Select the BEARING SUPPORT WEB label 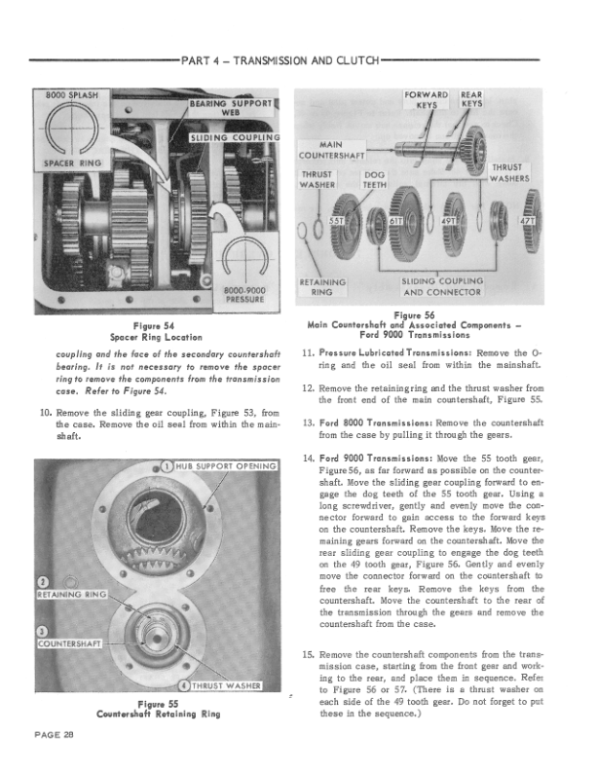(x=234, y=108)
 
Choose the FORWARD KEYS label (x=426, y=100)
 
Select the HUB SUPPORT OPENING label (x=224, y=465)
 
